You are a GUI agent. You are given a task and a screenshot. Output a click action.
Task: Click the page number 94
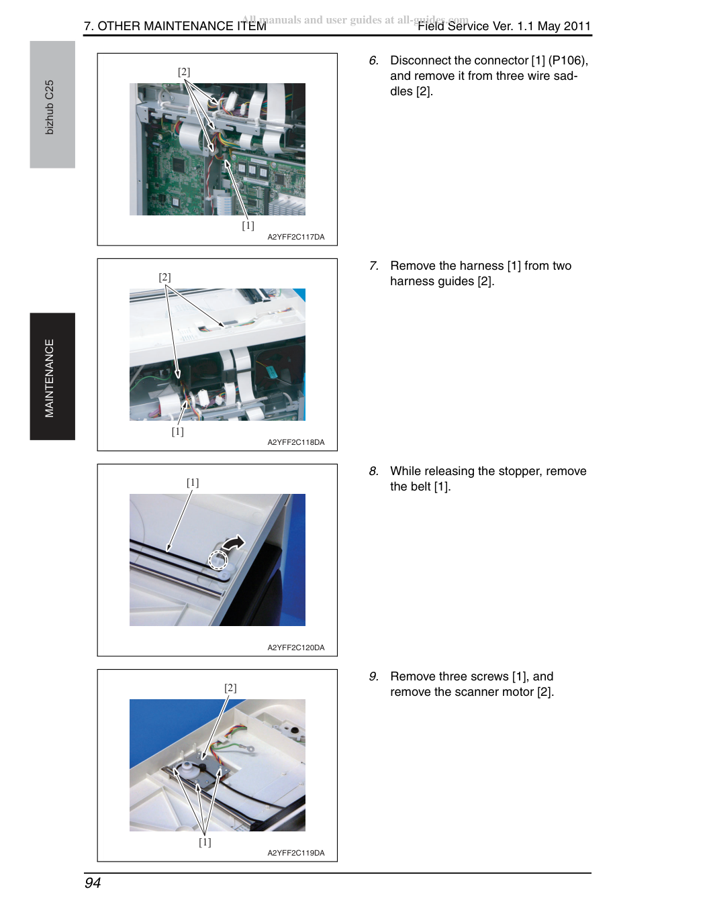(x=93, y=882)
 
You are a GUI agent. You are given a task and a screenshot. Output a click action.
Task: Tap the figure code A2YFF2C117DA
(x=296, y=237)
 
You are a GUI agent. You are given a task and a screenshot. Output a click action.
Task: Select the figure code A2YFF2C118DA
(x=296, y=442)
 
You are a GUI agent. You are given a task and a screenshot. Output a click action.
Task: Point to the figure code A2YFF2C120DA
(x=296, y=648)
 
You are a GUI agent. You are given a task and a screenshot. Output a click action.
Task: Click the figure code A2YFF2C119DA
(x=296, y=853)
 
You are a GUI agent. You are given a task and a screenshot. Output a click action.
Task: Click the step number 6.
(x=373, y=60)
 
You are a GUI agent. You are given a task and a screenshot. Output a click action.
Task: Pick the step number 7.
(x=373, y=266)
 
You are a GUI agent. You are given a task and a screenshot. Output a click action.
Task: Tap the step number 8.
(x=373, y=471)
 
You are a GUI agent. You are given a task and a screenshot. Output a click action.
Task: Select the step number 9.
(x=373, y=677)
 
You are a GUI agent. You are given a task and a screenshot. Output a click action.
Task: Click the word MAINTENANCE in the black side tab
(x=50, y=378)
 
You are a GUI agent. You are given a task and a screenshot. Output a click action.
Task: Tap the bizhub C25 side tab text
(x=50, y=107)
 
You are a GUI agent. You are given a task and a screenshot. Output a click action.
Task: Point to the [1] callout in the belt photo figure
(x=193, y=482)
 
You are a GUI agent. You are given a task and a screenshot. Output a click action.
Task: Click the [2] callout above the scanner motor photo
(x=230, y=688)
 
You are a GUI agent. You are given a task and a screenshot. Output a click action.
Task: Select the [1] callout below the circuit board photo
(x=248, y=225)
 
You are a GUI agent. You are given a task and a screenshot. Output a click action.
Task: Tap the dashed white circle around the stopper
(x=218, y=560)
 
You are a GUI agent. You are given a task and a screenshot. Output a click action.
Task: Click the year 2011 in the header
(x=577, y=26)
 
